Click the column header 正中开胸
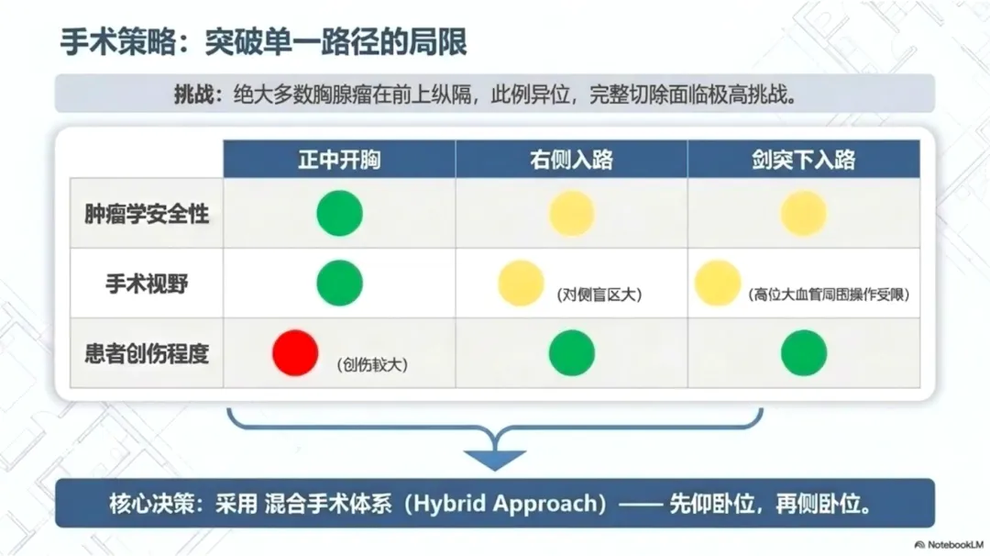(340, 160)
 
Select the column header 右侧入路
(571, 160)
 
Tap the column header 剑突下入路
(803, 160)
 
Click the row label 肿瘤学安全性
(147, 214)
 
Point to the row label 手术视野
(147, 284)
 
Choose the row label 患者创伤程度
(147, 354)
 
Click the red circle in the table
(295, 353)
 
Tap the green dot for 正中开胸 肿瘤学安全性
(340, 214)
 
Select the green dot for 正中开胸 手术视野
(340, 284)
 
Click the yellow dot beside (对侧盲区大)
(521, 284)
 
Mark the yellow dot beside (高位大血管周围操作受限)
(718, 284)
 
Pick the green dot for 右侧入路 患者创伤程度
(572, 353)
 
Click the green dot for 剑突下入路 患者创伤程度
(804, 353)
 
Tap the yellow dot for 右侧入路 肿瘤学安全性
(572, 214)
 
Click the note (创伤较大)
(372, 364)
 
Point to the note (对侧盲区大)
(599, 295)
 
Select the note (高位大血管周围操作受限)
(829, 295)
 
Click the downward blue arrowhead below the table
(495, 460)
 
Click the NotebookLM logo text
(955, 545)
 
